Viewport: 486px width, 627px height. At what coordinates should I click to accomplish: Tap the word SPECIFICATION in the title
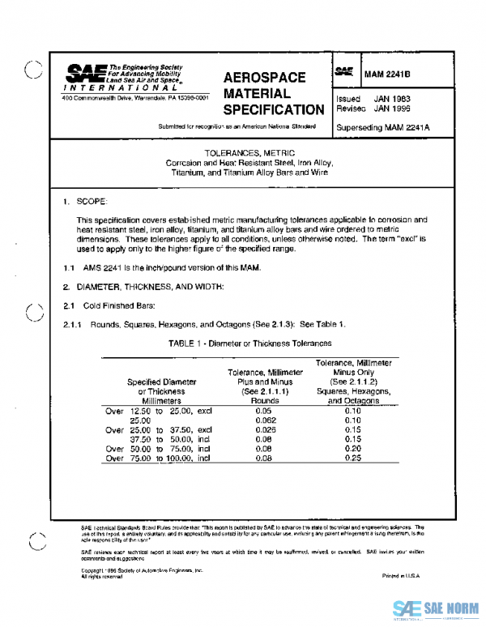(x=273, y=109)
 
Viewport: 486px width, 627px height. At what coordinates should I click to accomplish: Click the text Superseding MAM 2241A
(x=382, y=127)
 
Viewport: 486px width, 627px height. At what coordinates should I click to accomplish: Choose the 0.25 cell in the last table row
(x=352, y=458)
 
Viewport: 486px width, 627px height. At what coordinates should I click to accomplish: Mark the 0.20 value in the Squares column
(x=352, y=448)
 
